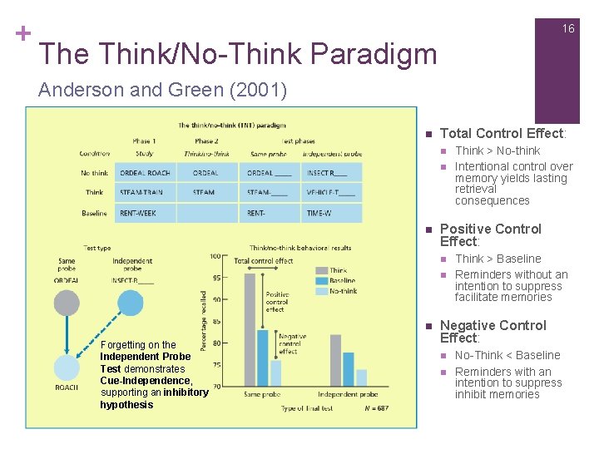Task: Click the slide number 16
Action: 567,28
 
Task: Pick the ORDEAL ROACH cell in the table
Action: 145,173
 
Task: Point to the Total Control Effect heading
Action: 502,133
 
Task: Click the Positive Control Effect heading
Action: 490,235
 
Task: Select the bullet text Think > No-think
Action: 498,150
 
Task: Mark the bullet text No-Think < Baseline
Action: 507,355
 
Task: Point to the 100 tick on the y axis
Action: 215,256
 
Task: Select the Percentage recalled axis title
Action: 204,320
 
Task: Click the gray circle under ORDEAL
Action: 67,303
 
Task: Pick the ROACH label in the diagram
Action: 67,387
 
